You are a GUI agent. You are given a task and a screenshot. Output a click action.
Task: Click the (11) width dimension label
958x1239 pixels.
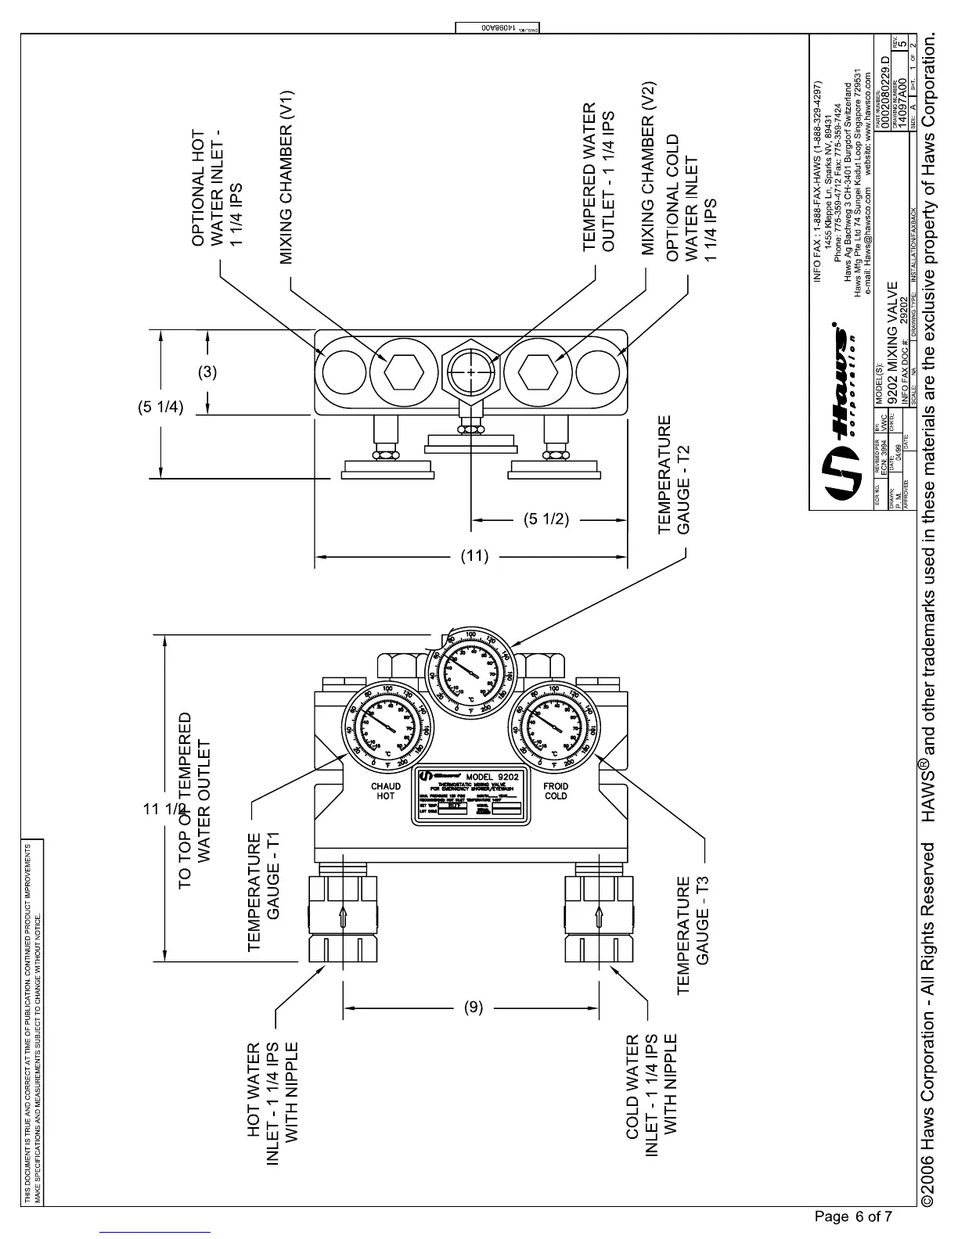[474, 557]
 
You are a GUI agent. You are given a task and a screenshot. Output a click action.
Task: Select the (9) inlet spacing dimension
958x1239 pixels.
[474, 1008]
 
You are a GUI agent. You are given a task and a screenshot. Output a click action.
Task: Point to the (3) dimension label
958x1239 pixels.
[207, 372]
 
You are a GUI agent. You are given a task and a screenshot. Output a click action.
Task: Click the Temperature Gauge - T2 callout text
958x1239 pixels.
[674, 475]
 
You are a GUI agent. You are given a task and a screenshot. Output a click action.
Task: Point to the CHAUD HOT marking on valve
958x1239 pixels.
[385, 791]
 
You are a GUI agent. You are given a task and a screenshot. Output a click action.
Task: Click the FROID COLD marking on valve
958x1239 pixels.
[556, 791]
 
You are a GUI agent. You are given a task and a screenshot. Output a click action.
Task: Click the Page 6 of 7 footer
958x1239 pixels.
[853, 1216]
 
